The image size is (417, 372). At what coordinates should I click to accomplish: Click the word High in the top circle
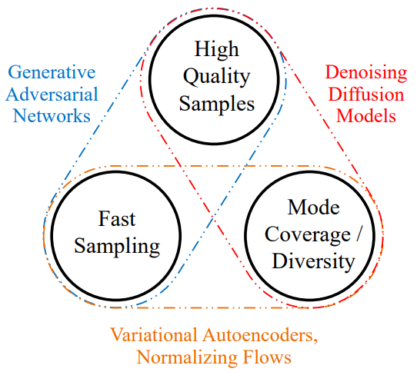coord(216,49)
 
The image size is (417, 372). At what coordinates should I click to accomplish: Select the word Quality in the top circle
coord(216,77)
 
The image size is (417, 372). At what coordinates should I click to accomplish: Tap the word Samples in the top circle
coord(217,104)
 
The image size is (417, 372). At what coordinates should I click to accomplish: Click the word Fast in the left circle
coord(117,219)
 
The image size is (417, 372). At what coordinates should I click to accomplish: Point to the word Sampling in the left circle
coord(117,247)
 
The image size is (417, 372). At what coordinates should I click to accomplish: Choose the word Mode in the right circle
coord(314,208)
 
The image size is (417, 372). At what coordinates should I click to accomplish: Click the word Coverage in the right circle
coord(308,235)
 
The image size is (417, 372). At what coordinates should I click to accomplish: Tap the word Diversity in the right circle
coord(314,262)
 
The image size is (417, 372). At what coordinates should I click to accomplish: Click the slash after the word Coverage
coord(359,234)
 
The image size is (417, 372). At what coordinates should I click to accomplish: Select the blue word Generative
coord(52,72)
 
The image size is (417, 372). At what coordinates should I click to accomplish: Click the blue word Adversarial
coord(52,94)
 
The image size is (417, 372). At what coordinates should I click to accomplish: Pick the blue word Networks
coord(52,116)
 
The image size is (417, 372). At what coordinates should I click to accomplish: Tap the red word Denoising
coord(366,73)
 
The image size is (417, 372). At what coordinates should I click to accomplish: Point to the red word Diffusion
coord(366,94)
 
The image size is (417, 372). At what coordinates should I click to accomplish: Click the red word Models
coord(366,116)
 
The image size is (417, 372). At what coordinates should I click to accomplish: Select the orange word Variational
coord(154,335)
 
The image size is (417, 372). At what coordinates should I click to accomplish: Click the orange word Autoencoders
coord(260,335)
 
